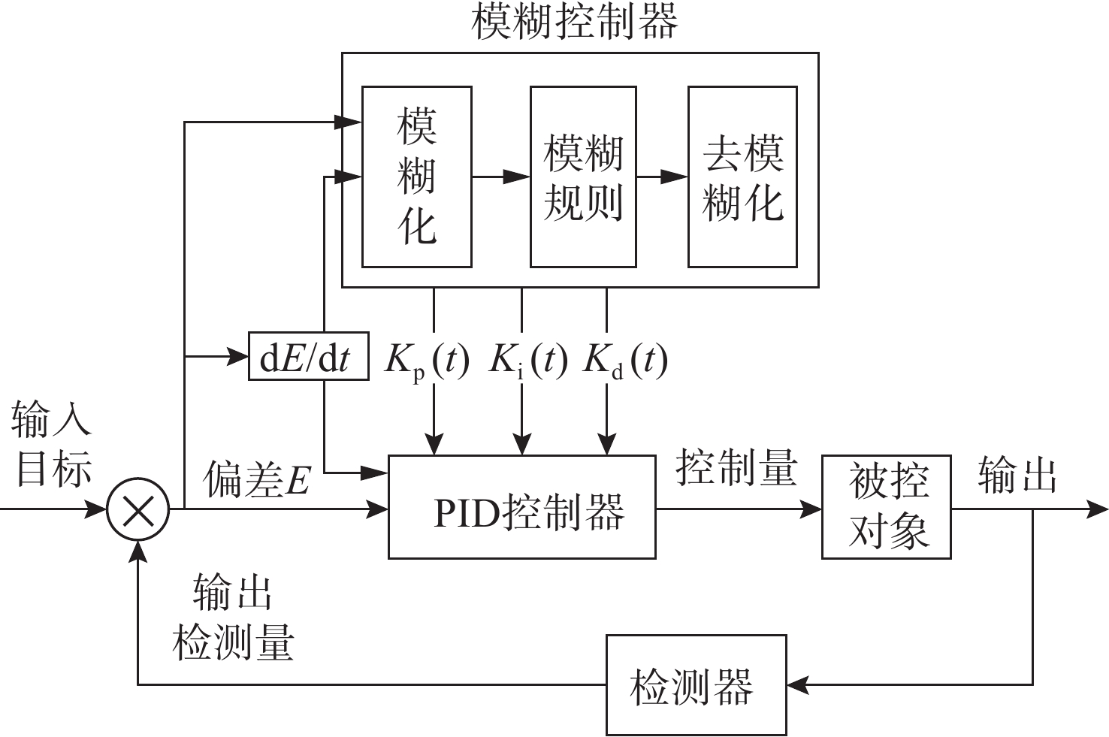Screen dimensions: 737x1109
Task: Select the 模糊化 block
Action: point(416,177)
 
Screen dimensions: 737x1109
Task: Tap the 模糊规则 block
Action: point(583,177)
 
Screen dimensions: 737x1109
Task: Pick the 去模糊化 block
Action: point(742,177)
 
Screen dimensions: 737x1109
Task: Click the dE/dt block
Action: point(308,356)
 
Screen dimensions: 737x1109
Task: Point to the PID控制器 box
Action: point(521,507)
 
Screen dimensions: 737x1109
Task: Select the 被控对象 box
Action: point(886,507)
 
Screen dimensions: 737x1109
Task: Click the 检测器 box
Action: point(696,684)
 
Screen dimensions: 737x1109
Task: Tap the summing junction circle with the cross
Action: point(138,510)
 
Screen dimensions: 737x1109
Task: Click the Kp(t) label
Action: point(427,361)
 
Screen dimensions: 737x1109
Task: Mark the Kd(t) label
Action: point(625,361)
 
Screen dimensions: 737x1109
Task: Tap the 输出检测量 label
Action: point(233,618)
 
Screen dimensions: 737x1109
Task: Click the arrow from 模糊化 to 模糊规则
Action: point(501,177)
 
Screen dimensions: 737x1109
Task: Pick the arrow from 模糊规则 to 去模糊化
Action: point(663,177)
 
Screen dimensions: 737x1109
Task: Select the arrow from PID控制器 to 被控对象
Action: point(739,509)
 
